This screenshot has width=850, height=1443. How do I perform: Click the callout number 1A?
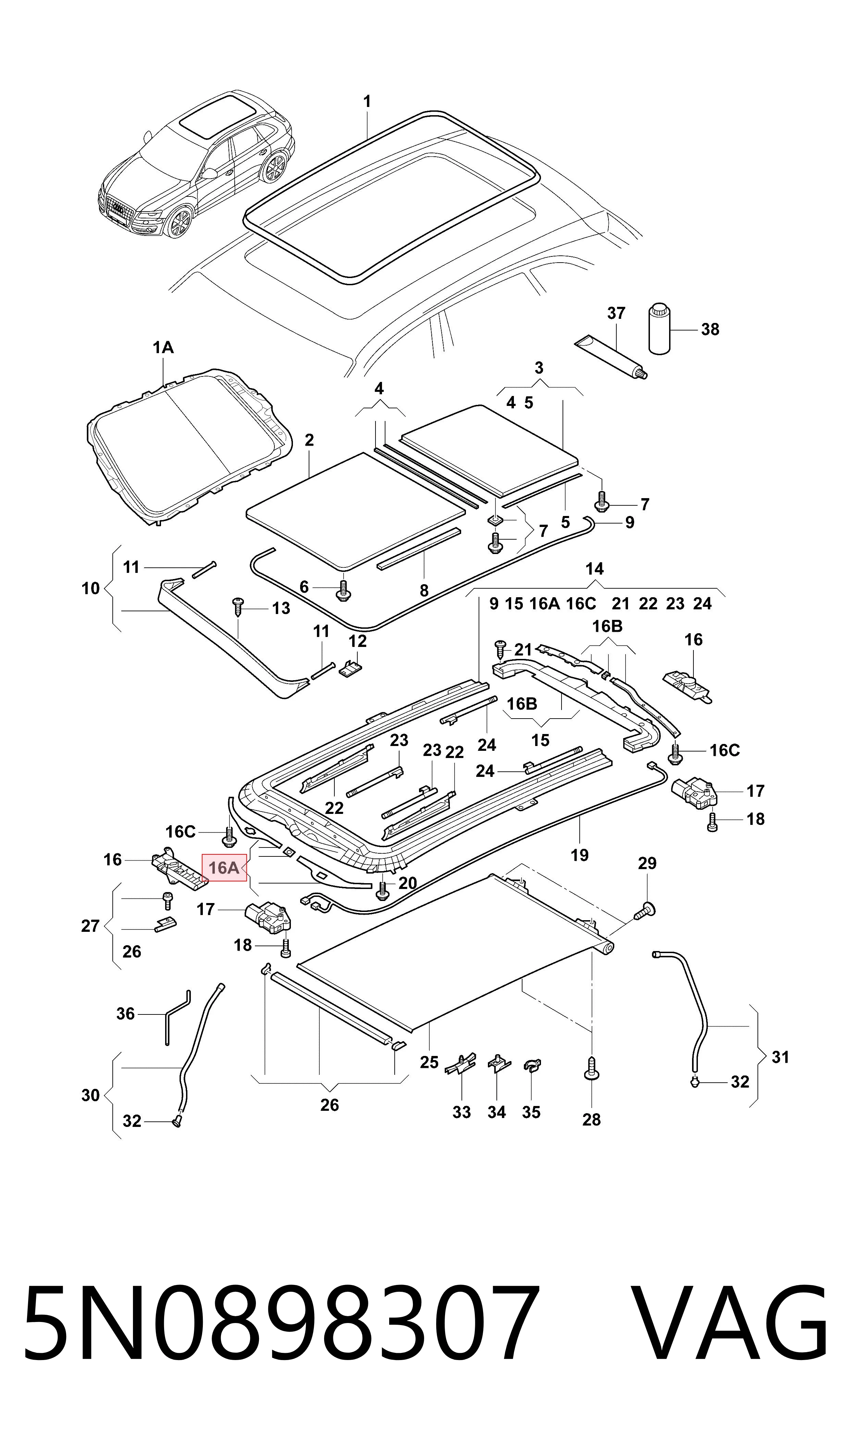click(x=163, y=347)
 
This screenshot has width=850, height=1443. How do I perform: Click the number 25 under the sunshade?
click(x=429, y=1062)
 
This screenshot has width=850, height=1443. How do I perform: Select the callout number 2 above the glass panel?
click(x=309, y=440)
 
